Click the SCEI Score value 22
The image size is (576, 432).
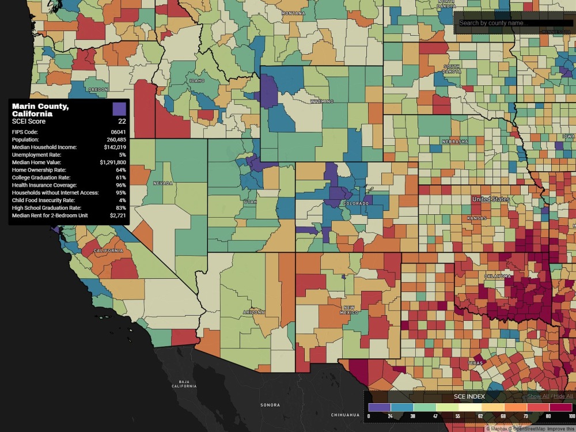[122, 122]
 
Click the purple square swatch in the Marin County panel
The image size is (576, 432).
[119, 108]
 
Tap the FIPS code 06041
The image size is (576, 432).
[118, 132]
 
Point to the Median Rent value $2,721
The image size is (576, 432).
[118, 215]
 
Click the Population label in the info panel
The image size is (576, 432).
[25, 140]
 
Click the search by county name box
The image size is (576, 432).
[514, 23]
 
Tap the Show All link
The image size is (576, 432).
[538, 396]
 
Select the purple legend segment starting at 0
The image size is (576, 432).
[378, 407]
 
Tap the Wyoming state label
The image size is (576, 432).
[322, 101]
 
